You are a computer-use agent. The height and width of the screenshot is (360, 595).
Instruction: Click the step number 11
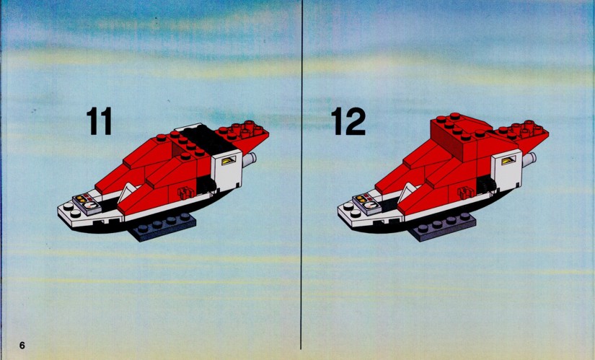[99, 120]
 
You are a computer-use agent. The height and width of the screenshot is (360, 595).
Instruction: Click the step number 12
[348, 120]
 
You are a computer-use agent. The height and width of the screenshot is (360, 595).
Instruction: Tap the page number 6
[22, 345]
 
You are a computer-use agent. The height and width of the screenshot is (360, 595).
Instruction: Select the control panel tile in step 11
[87, 204]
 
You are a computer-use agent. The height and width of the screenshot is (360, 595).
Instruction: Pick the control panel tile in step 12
[367, 205]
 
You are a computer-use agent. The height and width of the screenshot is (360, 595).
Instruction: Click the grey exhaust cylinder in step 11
[249, 159]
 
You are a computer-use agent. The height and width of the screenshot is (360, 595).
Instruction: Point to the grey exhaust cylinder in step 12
[529, 160]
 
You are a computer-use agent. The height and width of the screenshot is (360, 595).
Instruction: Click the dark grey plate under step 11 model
[164, 227]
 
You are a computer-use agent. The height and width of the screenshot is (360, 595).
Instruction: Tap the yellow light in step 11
[228, 161]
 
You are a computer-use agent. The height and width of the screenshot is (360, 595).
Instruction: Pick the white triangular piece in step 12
[407, 192]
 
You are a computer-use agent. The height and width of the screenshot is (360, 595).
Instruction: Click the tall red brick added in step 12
[459, 138]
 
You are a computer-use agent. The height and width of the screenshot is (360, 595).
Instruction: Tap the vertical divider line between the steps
[301, 175]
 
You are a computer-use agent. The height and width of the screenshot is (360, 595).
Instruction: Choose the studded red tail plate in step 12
[523, 136]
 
